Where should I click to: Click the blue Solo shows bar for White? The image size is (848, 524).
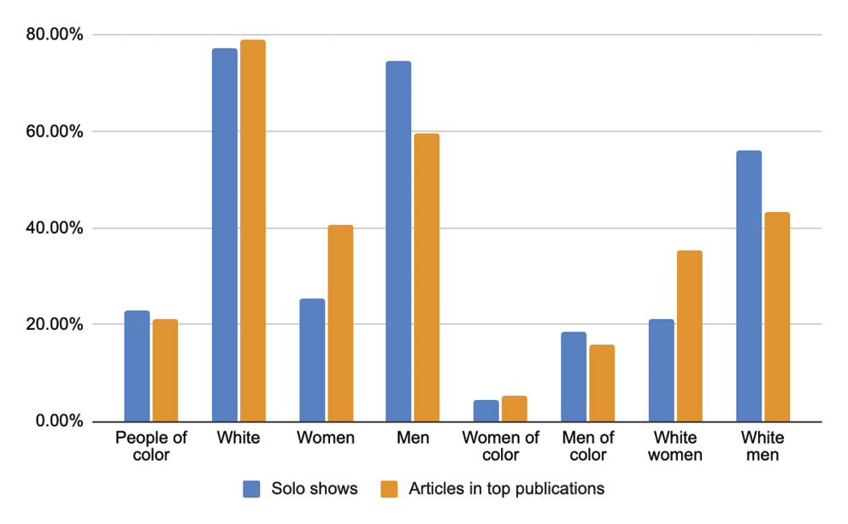pos(224,235)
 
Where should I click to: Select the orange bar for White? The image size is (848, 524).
pos(253,231)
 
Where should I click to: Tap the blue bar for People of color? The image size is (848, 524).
pos(137,366)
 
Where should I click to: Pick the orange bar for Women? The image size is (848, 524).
pos(340,323)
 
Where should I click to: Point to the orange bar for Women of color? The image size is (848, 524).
pos(515,409)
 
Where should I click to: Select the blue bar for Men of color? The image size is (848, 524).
pos(573,377)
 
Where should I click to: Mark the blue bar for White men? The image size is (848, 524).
pos(748,286)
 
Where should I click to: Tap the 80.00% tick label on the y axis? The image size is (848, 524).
pos(53,35)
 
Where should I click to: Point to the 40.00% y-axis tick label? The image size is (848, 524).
pos(53,228)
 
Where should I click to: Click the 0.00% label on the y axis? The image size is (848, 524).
pos(56,421)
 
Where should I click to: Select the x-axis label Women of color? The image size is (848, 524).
pos(500,446)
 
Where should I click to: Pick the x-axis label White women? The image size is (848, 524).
pos(674,446)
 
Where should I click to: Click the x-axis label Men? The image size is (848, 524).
pos(413,439)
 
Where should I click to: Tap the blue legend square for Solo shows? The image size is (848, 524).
pos(251,489)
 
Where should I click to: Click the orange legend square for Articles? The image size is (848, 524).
pos(389,489)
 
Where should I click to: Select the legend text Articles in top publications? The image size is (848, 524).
pos(506,489)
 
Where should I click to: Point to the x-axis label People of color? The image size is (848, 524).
pos(151,446)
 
